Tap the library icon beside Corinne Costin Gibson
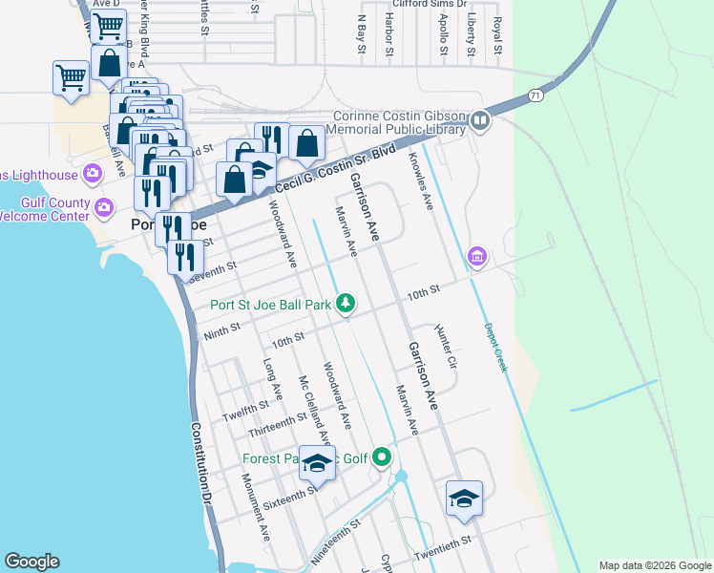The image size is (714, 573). coord(479,120)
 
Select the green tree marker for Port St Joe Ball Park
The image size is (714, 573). coord(346,304)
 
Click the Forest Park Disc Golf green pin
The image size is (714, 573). coord(383,458)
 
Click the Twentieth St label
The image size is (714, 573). coord(443,547)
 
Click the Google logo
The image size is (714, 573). coord(31,562)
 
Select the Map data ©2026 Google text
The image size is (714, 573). coord(654,565)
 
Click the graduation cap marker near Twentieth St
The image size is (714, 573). coord(464,499)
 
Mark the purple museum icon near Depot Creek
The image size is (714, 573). coord(477,256)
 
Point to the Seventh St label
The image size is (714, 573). coord(211,274)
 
